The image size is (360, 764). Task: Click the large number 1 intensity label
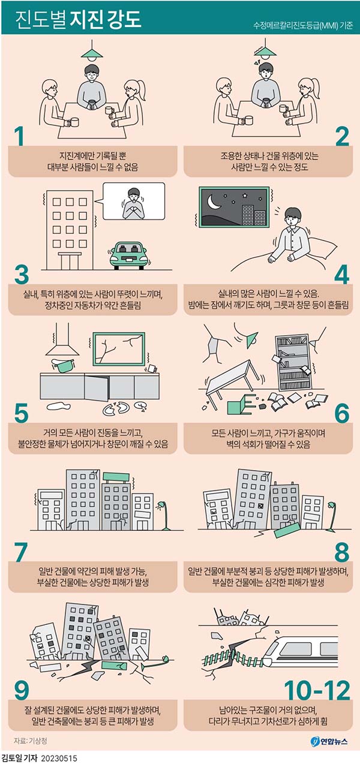[20, 137]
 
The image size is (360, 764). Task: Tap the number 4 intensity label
[341, 275]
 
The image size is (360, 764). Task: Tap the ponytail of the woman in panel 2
[314, 89]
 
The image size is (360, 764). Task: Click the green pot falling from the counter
[63, 366]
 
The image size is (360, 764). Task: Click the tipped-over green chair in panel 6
[241, 404]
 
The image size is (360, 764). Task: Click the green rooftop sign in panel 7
[116, 477]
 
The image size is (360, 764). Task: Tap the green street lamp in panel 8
[332, 515]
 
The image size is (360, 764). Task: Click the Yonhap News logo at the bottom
[329, 741]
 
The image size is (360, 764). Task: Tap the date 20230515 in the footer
[59, 758]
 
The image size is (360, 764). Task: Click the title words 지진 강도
[106, 19]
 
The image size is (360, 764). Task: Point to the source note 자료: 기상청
[31, 741]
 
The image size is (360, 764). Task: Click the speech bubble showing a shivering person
[134, 201]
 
